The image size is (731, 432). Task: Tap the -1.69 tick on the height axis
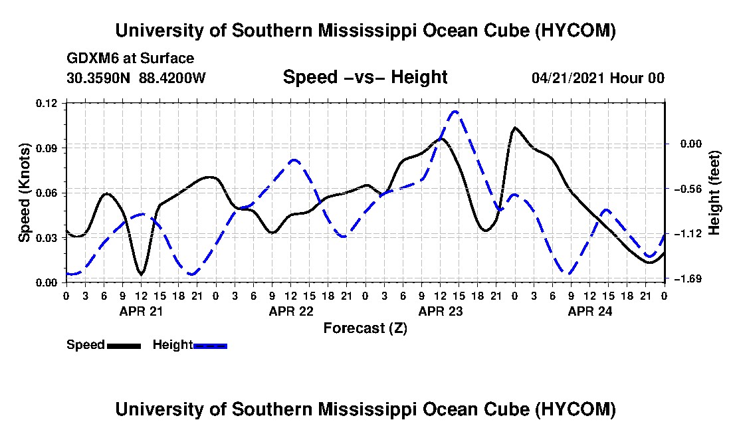[691, 278]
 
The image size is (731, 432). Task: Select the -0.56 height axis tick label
[691, 189]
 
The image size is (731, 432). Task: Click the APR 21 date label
[142, 311]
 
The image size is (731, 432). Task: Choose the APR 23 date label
[441, 311]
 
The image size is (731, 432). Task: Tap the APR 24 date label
[590, 311]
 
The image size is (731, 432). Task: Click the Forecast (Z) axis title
[365, 328]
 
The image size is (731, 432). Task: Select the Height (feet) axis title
[714, 193]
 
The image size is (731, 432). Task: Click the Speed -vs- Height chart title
[365, 77]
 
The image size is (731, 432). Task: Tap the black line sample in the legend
[124, 346]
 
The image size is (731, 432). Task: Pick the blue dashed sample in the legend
[210, 346]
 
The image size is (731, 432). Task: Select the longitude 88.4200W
[172, 77]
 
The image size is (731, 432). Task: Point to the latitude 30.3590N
[98, 77]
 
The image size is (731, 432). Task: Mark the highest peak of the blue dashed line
[455, 112]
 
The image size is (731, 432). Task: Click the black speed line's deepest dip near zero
[142, 274]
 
